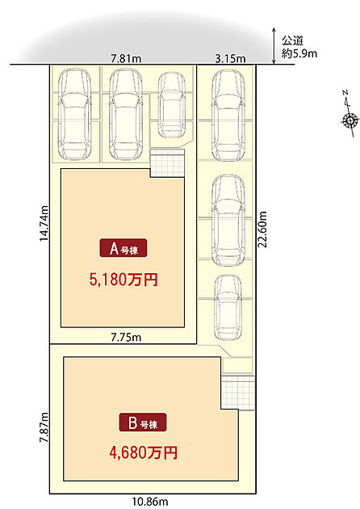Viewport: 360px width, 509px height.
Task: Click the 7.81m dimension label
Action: coord(126,59)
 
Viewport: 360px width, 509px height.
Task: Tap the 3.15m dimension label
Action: coord(230,59)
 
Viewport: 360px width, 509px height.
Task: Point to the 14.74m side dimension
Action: coord(44,223)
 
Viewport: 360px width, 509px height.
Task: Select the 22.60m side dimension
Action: coord(262,229)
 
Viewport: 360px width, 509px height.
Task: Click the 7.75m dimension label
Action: coord(126,338)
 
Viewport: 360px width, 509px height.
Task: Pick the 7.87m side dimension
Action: coord(44,427)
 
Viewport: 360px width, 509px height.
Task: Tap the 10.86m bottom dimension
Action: coord(150,502)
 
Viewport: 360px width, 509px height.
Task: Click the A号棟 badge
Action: coord(123,248)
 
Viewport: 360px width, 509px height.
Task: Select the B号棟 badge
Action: coord(143,423)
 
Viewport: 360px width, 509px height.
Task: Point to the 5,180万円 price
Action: coord(123,280)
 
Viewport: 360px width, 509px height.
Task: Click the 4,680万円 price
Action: coord(144,452)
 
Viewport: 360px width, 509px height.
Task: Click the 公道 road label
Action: coord(292,41)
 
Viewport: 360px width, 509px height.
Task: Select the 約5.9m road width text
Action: coord(299,53)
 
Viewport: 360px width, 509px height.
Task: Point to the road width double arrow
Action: coord(274,45)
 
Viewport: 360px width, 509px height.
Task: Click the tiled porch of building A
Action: coord(168,162)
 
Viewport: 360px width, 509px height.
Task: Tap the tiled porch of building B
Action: coord(238,393)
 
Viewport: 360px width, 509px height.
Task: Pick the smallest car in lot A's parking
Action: coord(172,105)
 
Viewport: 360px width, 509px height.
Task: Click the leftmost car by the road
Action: coord(74,114)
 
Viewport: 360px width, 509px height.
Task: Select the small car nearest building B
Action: coord(228,307)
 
